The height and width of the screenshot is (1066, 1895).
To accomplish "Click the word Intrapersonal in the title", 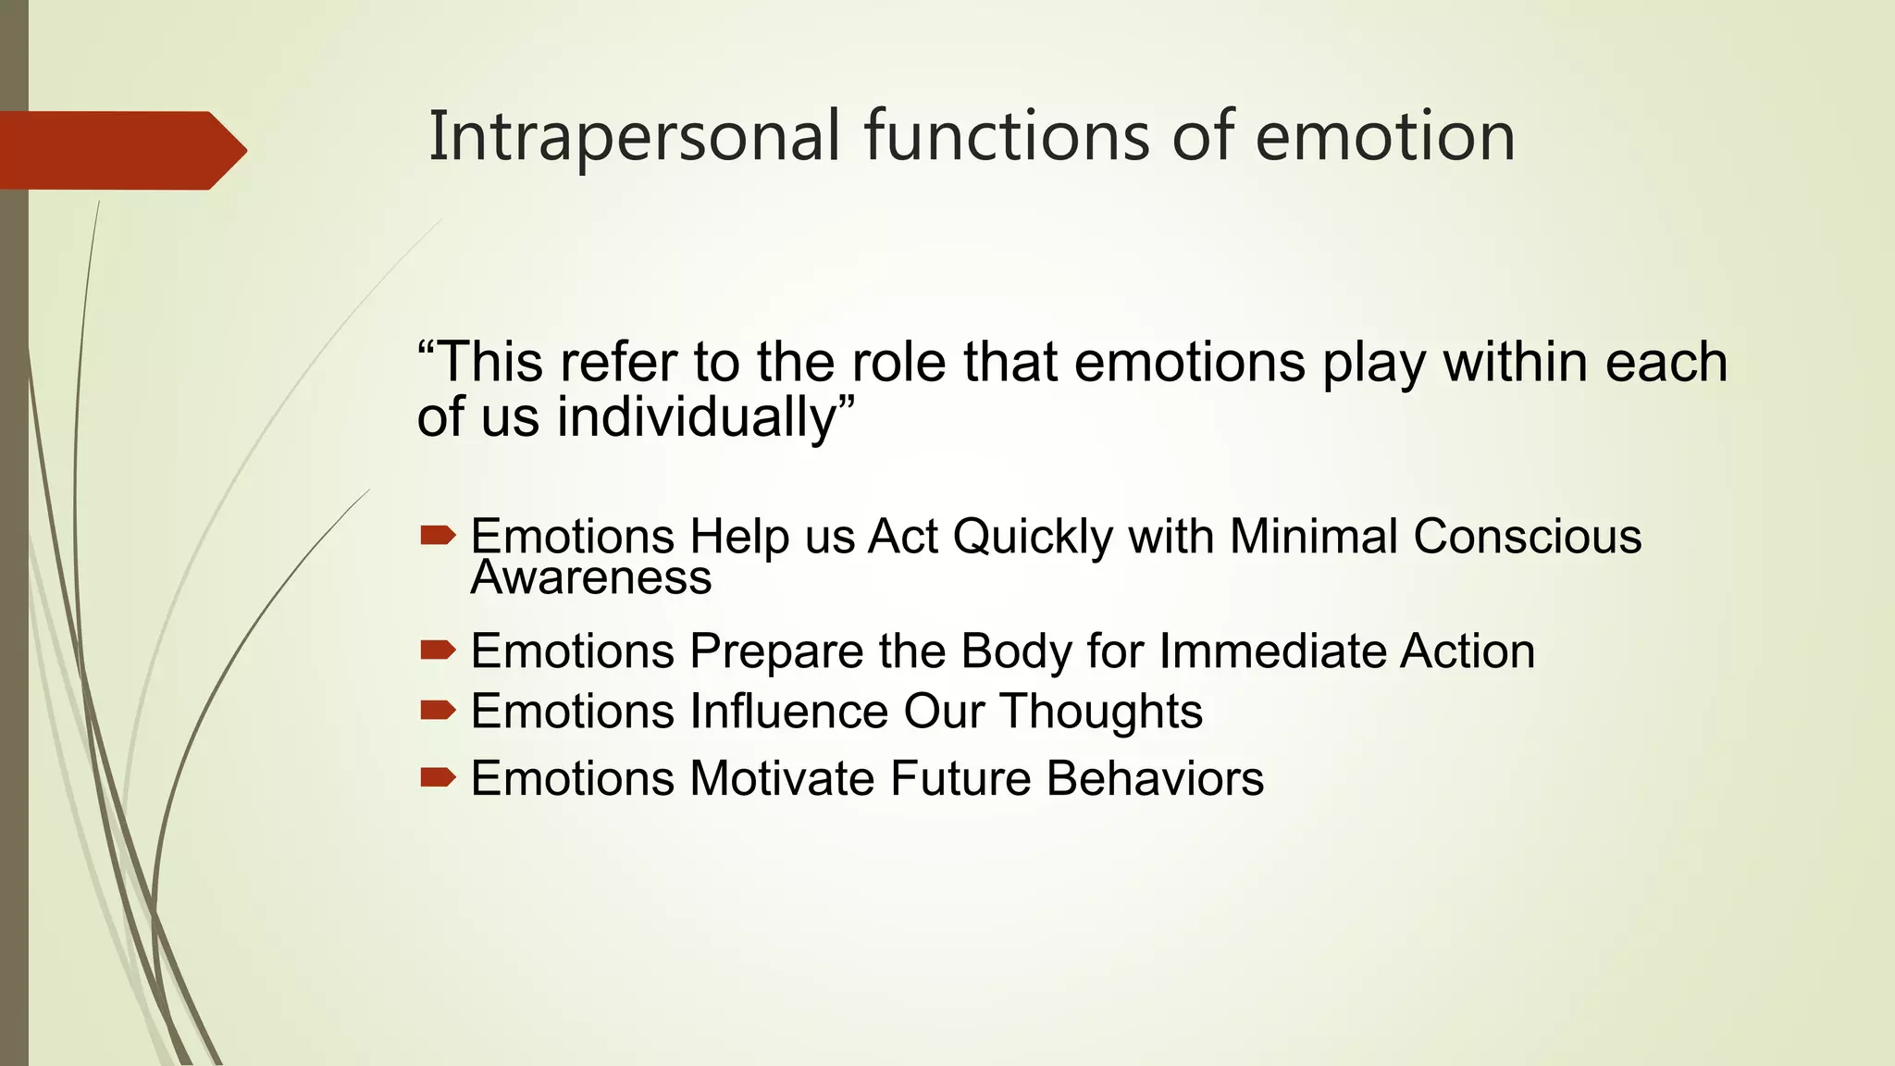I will point(635,137).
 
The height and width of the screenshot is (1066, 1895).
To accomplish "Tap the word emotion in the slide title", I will point(1384,137).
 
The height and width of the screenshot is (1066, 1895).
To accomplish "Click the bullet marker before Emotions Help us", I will point(437,535).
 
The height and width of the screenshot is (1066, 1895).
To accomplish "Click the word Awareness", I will point(591,578).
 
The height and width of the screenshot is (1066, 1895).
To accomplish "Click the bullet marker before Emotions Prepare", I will point(437,651).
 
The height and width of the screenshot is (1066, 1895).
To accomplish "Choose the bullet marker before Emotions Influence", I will point(437,710).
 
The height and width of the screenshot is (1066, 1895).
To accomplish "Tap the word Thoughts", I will point(1100,712).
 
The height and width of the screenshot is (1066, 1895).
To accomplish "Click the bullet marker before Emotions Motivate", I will point(437,776).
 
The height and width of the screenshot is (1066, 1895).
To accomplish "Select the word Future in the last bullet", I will point(960,778).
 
